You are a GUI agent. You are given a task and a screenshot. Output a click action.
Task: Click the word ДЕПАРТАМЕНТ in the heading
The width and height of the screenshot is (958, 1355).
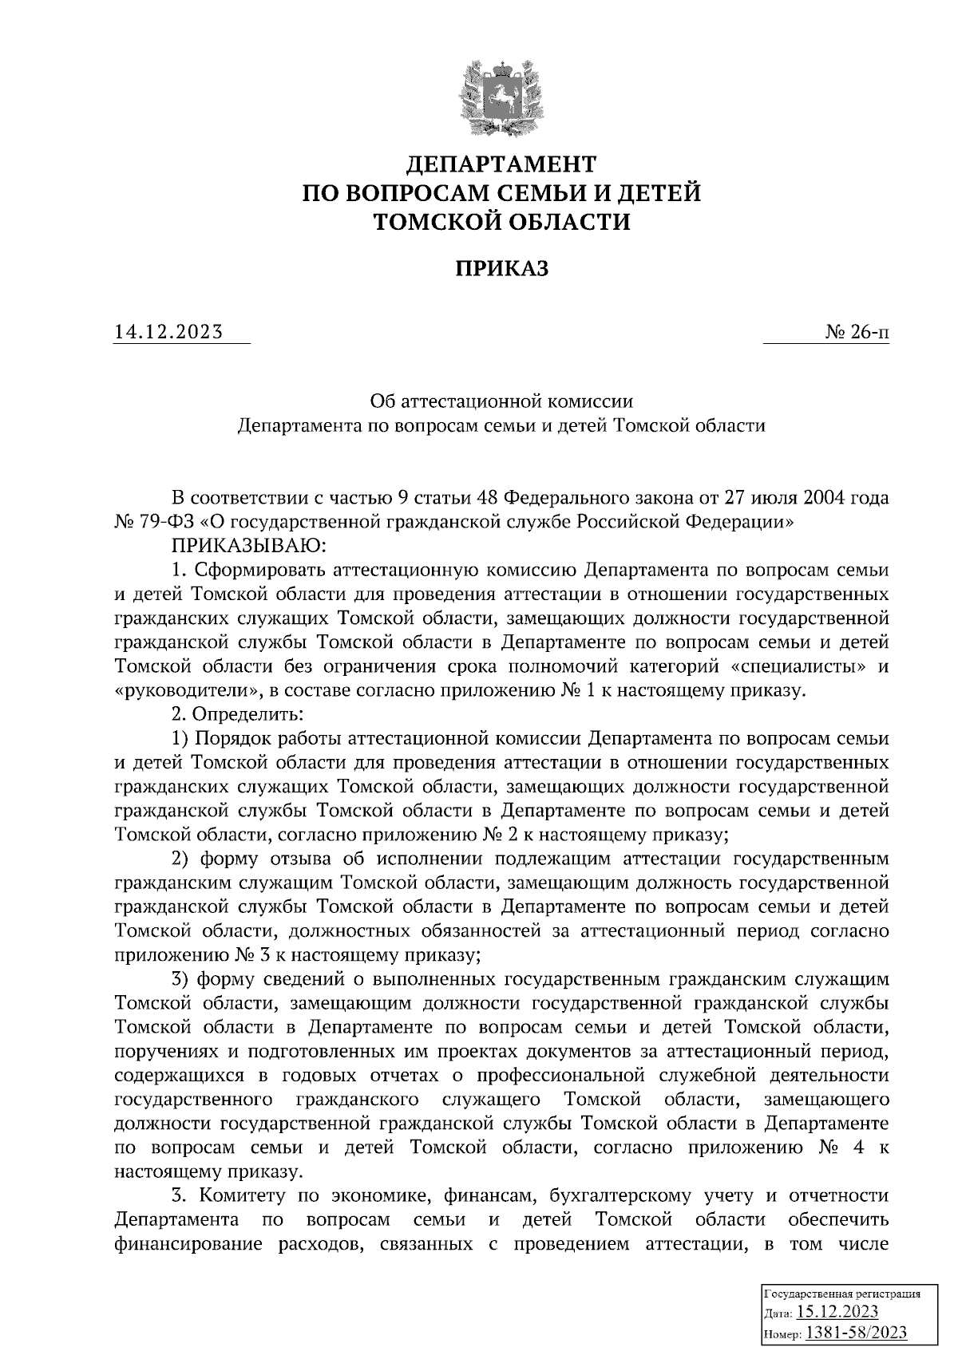502,164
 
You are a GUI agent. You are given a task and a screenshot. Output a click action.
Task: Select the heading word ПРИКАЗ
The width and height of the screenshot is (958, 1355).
502,269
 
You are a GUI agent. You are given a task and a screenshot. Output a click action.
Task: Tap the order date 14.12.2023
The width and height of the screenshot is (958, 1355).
168,331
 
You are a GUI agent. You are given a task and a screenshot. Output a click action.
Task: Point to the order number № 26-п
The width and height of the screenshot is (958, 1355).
857,331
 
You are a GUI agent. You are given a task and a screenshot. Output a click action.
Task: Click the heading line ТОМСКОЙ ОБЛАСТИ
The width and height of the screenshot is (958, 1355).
502,222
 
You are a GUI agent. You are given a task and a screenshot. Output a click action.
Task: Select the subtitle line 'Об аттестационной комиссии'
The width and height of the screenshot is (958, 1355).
502,398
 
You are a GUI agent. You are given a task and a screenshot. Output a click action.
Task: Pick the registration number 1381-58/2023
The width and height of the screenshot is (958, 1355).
857,1333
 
